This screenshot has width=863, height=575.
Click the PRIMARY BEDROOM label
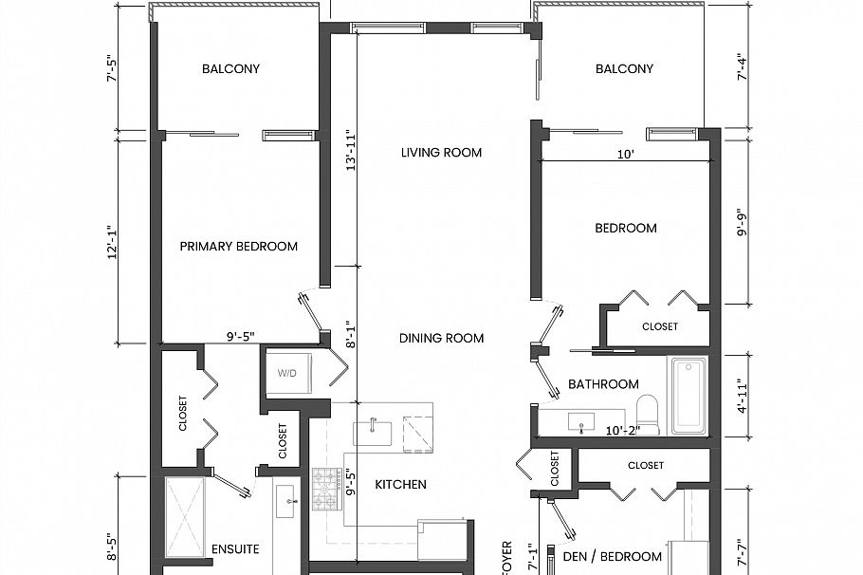pyautogui.click(x=239, y=247)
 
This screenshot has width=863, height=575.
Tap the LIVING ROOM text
pyautogui.click(x=441, y=153)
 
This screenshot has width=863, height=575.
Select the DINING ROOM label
pyautogui.click(x=441, y=339)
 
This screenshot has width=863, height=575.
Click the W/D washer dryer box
pyautogui.click(x=287, y=373)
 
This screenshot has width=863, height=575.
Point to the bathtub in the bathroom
pyautogui.click(x=689, y=395)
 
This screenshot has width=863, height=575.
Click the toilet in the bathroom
pyautogui.click(x=649, y=413)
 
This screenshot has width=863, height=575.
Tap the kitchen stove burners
pyautogui.click(x=325, y=490)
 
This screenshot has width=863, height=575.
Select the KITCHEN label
pyautogui.click(x=400, y=485)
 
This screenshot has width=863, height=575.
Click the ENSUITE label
pyautogui.click(x=235, y=549)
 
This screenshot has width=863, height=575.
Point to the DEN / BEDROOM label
pyautogui.click(x=614, y=557)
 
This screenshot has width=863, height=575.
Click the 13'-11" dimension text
pyautogui.click(x=351, y=150)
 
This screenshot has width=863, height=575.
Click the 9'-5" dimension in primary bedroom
pyautogui.click(x=241, y=335)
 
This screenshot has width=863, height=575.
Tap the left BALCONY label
pyautogui.click(x=230, y=69)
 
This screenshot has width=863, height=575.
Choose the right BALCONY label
pyautogui.click(x=624, y=69)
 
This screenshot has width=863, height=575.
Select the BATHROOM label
pyautogui.click(x=603, y=384)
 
